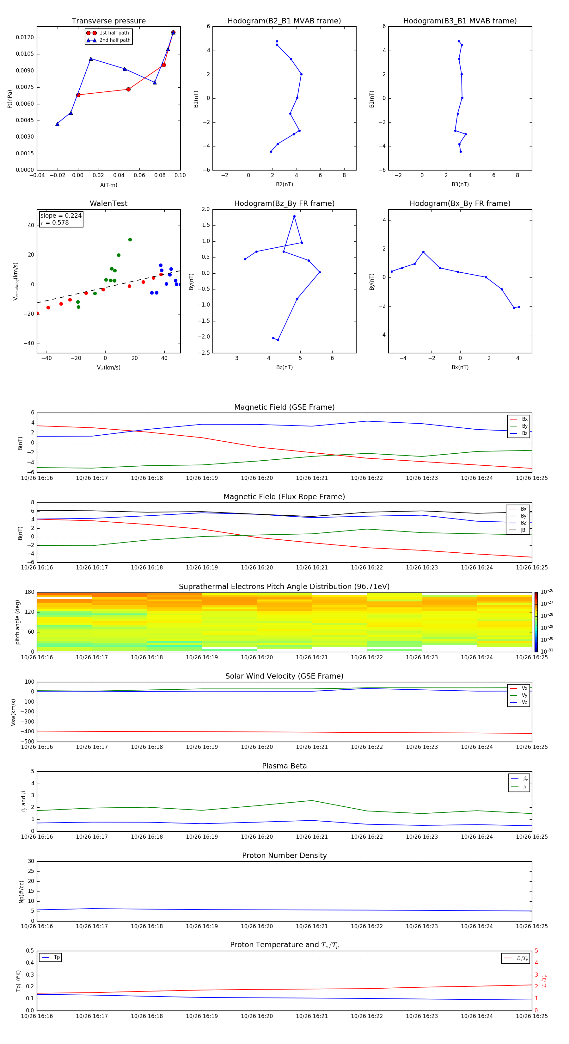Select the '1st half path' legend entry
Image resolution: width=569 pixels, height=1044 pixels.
click(114, 33)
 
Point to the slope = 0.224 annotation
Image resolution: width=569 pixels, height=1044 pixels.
click(61, 216)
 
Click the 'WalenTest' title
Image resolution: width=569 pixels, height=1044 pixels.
click(108, 203)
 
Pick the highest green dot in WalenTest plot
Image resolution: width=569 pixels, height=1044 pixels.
click(130, 239)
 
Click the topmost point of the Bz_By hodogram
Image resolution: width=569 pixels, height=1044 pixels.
click(294, 216)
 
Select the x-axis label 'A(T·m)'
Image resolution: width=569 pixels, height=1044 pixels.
click(108, 185)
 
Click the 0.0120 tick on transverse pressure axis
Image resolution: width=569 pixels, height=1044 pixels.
click(25, 38)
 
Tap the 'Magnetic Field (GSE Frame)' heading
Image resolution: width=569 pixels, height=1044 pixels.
click(284, 407)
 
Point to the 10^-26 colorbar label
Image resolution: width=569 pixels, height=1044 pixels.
click(547, 591)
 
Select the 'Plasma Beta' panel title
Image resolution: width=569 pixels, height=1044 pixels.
click(284, 766)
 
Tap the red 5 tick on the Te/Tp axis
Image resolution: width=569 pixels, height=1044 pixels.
click(537, 951)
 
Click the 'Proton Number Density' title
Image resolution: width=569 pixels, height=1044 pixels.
click(284, 855)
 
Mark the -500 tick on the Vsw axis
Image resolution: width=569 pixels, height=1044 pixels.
click(26, 742)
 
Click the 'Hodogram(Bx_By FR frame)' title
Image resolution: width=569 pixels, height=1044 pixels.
click(460, 203)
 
